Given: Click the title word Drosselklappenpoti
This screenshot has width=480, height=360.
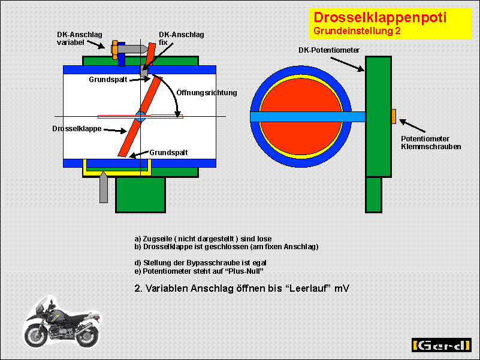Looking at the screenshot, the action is [380, 17].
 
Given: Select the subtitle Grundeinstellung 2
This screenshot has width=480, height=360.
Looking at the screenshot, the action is [357, 31].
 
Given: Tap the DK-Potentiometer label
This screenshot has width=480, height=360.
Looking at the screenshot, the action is [329, 50].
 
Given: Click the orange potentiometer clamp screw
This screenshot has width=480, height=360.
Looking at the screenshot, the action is [394, 116].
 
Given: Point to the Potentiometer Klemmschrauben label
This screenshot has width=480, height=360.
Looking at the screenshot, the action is [431, 143].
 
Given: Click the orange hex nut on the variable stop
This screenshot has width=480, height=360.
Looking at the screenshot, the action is [114, 50].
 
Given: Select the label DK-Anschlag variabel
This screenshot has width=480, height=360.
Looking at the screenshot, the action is [80, 38].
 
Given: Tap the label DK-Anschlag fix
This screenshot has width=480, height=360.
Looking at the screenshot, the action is [181, 38].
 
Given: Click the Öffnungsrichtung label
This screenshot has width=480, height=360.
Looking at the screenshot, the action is [207, 92].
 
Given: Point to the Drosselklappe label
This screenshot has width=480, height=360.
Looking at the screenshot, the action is [77, 129].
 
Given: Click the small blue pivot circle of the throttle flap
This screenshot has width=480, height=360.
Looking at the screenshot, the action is [140, 117].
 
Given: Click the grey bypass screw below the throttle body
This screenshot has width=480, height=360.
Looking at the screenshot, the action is [104, 187].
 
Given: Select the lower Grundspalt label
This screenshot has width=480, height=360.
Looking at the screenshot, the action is [168, 153].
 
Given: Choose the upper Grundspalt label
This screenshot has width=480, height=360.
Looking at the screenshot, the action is [108, 80].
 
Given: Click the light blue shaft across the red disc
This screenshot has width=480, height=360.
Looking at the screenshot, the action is [307, 117].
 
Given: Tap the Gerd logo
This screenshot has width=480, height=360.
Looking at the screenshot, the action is [442, 345].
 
